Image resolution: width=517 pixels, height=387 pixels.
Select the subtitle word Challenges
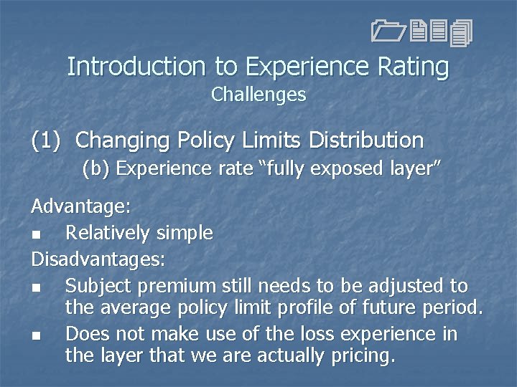point(258,94)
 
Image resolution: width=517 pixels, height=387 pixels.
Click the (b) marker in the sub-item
point(96,169)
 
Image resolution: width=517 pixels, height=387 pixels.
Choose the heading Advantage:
point(80,207)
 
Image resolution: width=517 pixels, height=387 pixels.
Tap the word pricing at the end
point(359,355)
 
